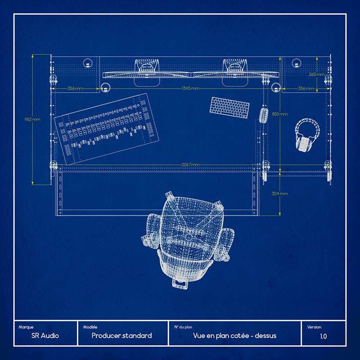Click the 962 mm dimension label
pos(32,119)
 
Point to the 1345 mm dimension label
pos(190,88)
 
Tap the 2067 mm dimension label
pos(190,165)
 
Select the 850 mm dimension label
pos(279,114)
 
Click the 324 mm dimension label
pos(279,193)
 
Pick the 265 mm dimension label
pos(317,74)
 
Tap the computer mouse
pos(264,115)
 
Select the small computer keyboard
pos(229,108)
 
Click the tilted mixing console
pos(107,129)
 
